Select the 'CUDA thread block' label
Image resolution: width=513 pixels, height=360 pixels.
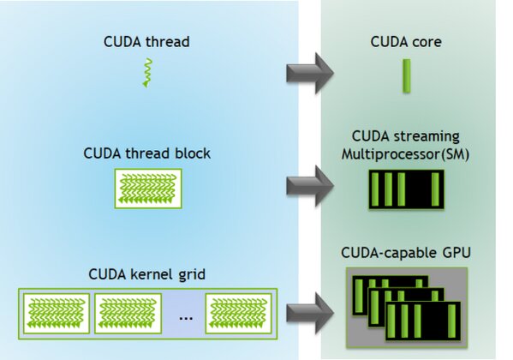pyautogui.click(x=147, y=154)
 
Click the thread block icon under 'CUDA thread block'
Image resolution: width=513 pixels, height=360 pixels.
pyautogui.click(x=146, y=189)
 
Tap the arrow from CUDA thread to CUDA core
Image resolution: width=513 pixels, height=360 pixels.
pyautogui.click(x=310, y=72)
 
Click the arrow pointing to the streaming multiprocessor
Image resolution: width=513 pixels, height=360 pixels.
pyautogui.click(x=310, y=182)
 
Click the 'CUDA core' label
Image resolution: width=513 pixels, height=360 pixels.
pyautogui.click(x=406, y=41)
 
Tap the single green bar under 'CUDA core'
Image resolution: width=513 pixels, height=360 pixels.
pyautogui.click(x=407, y=75)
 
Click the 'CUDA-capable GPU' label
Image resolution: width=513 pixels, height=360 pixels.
pyautogui.click(x=407, y=254)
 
